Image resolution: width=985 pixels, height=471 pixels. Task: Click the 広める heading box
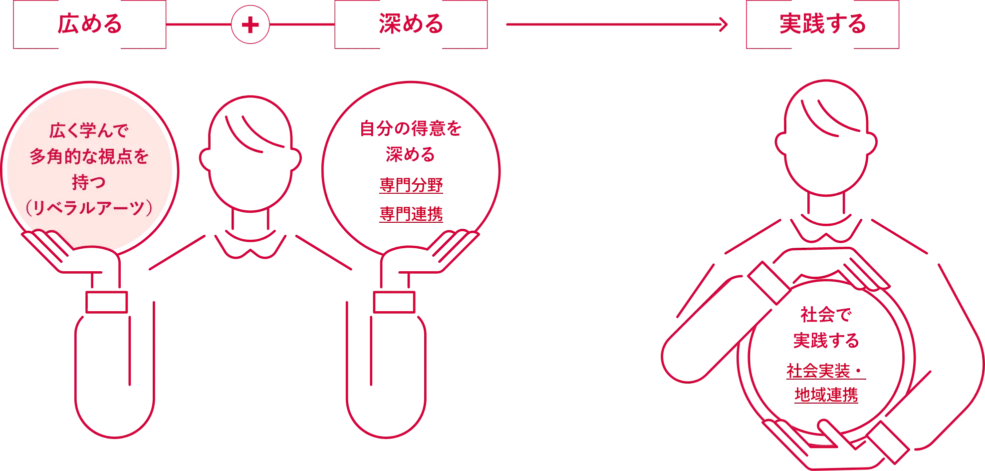click(90, 24)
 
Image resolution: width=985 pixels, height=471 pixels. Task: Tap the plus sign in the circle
click(250, 24)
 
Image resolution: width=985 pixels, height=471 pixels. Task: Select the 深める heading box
click(411, 24)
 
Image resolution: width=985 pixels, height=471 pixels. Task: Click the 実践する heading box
click(822, 24)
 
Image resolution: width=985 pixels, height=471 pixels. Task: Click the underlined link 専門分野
click(411, 185)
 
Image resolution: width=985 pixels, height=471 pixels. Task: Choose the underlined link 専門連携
click(411, 214)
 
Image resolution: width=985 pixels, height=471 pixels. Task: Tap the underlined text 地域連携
click(826, 395)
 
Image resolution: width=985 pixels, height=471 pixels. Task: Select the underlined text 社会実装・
click(826, 371)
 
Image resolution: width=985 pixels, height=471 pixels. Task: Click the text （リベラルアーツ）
click(89, 207)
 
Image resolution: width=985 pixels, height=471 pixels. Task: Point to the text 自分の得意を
click(411, 129)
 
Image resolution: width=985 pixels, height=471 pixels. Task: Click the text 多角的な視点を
click(89, 156)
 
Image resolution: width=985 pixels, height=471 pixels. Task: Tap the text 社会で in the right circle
click(826, 315)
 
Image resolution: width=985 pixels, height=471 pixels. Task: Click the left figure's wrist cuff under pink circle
click(106, 302)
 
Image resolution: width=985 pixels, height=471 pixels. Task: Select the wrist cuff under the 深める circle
click(394, 302)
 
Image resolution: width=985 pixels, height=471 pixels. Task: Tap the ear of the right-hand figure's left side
click(781, 144)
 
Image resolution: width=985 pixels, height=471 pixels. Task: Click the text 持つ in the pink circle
click(89, 182)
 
